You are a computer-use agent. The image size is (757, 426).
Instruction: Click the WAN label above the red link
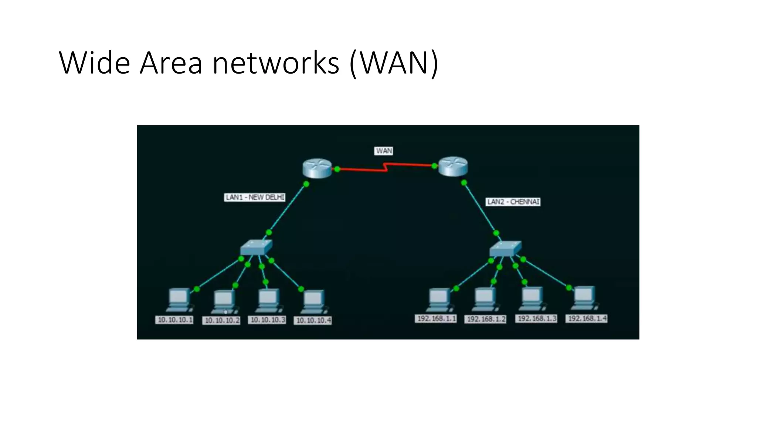[384, 151]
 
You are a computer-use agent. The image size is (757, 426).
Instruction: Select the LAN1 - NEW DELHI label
[255, 197]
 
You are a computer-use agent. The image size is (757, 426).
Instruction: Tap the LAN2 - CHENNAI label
[513, 202]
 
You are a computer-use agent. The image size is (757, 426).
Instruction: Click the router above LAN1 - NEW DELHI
[317, 168]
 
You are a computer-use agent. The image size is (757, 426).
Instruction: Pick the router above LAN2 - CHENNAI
[453, 166]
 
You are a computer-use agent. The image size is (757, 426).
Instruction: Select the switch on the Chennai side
[505, 248]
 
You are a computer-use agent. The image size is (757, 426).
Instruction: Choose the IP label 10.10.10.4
[313, 320]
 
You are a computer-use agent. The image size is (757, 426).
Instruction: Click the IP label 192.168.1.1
[436, 318]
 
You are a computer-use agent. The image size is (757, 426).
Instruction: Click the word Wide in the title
[94, 62]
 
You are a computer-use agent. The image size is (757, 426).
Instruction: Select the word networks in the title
[276, 62]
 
